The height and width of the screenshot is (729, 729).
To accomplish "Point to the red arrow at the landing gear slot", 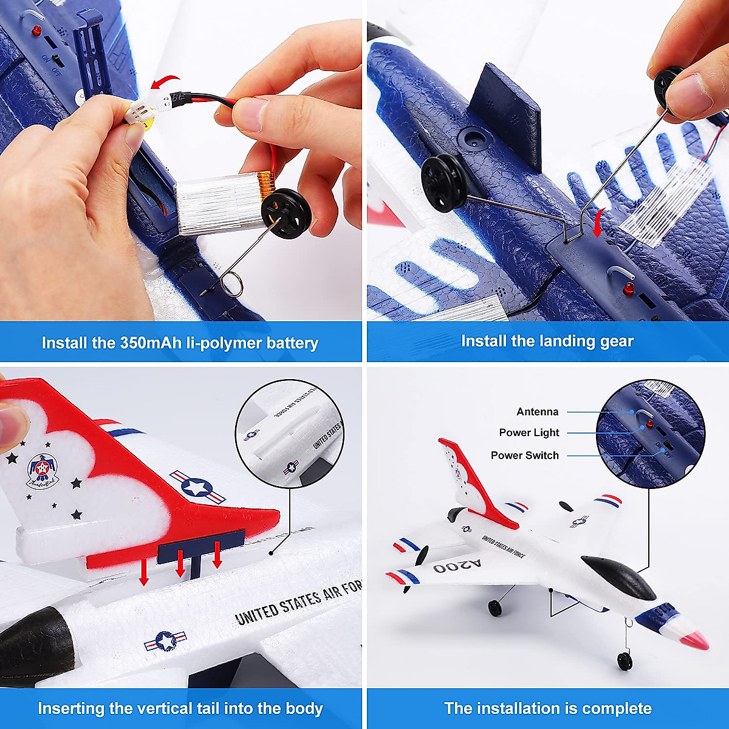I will (x=599, y=222).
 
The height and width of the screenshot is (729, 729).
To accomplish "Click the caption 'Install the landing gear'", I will (x=547, y=341).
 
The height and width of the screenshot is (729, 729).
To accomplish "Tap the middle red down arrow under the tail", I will (x=180, y=565).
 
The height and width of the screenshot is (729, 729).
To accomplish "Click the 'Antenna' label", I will (x=537, y=412).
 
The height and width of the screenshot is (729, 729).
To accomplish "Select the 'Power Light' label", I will (x=529, y=433).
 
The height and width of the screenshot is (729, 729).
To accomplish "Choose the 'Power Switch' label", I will (x=524, y=455).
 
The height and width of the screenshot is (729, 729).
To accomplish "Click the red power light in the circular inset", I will (x=649, y=424).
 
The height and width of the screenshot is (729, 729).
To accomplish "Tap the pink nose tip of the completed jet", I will (x=699, y=639).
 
